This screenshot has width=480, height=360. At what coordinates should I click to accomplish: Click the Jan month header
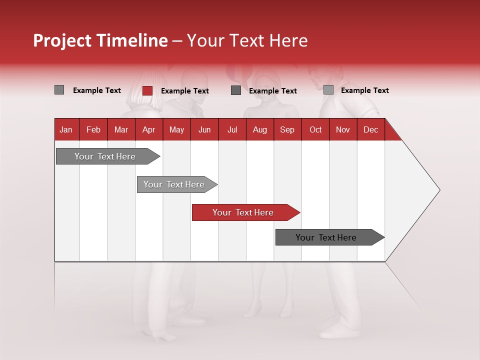[x=66, y=129]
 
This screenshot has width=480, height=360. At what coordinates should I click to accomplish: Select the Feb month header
[x=93, y=129]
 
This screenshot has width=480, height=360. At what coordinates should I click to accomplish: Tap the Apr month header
[x=148, y=129]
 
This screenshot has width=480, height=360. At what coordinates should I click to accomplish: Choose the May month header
[x=176, y=129]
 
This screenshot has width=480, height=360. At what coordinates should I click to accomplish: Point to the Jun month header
[x=204, y=129]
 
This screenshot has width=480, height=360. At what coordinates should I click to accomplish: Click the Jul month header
[x=232, y=129]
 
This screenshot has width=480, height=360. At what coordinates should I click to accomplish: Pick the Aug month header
[x=259, y=129]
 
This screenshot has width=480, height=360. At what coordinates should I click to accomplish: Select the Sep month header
[x=287, y=129]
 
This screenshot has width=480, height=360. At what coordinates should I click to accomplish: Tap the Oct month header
[x=315, y=129]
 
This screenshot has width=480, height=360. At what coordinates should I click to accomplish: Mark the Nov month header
[x=343, y=129]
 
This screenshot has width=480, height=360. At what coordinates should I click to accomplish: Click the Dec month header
[x=370, y=129]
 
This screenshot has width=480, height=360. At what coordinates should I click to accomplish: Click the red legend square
[x=147, y=90]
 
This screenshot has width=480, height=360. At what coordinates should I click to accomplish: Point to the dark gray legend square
[x=236, y=90]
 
